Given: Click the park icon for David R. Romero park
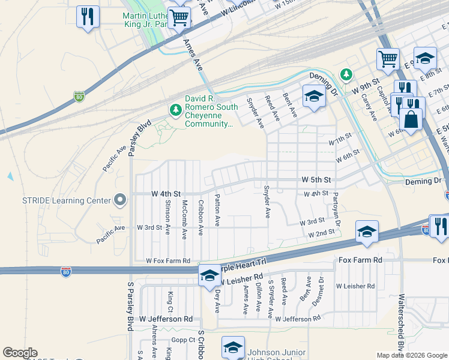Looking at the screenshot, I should [175, 110].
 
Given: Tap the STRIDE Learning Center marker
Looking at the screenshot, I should [120, 200].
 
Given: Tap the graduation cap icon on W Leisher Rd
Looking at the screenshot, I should [209, 275].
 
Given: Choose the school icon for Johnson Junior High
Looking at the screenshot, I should [233, 347].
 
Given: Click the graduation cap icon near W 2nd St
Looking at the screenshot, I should [367, 232].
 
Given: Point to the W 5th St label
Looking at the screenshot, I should [316, 179].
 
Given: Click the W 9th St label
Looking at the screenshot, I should [367, 85].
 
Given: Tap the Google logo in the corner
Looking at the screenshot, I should [20, 353].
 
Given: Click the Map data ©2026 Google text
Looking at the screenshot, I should [412, 355].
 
